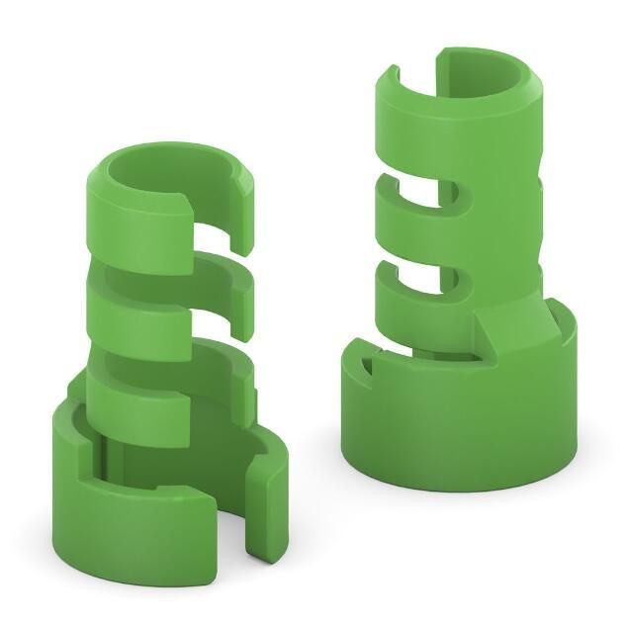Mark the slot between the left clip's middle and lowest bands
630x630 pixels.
tap(213, 341)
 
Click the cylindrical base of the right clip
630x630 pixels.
tap(455, 425)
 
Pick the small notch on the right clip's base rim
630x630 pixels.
tap(367, 367)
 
